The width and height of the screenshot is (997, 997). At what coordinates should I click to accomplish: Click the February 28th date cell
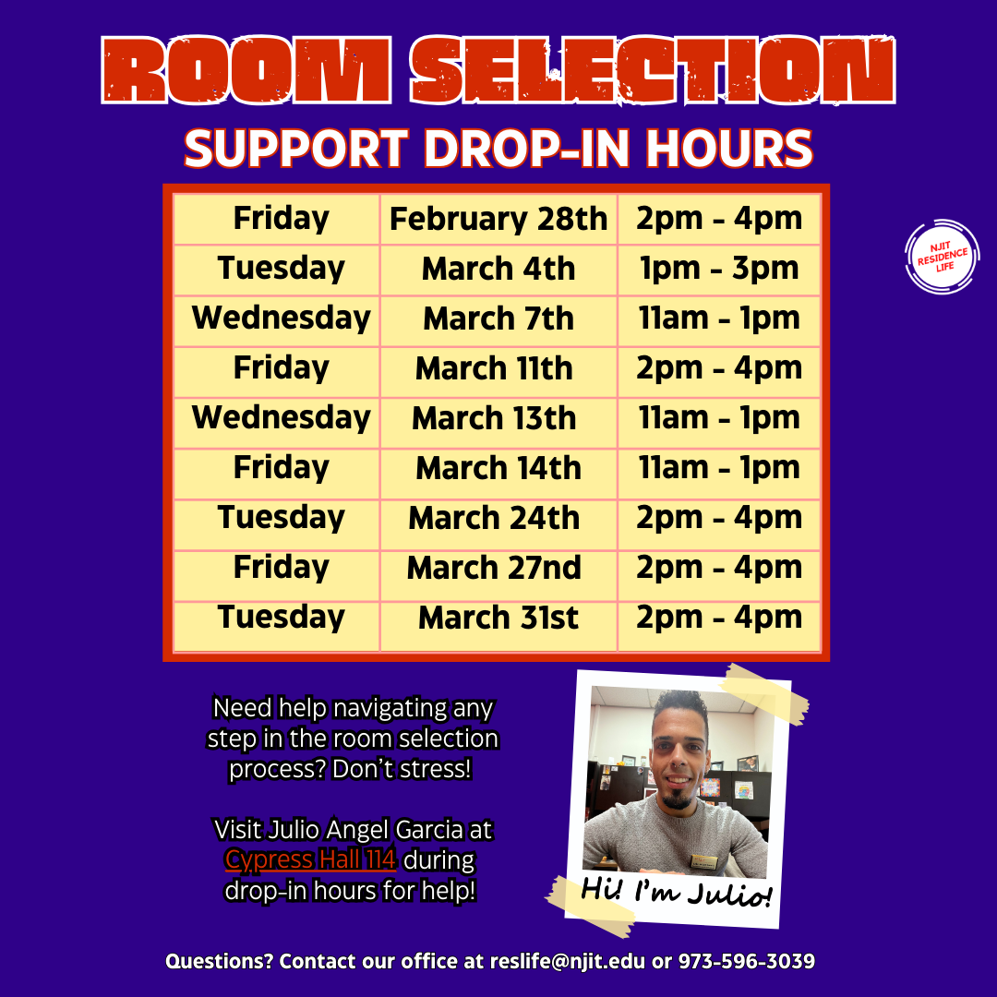(x=498, y=220)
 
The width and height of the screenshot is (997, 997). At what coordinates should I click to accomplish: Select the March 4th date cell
(x=498, y=270)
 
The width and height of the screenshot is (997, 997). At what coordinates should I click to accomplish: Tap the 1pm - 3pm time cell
(x=718, y=269)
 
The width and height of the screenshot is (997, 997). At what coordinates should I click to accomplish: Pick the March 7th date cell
(x=498, y=319)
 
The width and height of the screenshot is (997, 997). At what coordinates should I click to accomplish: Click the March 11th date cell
(x=494, y=369)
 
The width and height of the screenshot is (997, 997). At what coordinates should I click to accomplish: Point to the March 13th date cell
(x=494, y=419)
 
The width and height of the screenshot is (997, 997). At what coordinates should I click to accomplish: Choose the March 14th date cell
(x=498, y=469)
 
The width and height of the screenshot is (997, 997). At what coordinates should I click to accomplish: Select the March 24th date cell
(x=494, y=519)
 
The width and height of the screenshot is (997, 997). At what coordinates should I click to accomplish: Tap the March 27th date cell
(x=494, y=569)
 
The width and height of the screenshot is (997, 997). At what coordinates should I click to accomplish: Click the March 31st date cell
(x=498, y=619)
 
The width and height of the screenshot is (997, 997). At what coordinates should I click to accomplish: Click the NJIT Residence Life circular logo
(x=942, y=258)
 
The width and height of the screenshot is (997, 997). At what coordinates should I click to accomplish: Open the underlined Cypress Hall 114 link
(x=311, y=860)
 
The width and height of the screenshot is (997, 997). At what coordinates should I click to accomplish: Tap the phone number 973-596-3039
(x=746, y=962)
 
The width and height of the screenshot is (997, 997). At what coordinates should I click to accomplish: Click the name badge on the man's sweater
(x=705, y=862)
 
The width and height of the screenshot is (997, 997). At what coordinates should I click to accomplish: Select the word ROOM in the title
(x=247, y=72)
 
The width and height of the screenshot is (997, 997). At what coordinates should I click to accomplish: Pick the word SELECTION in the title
(x=652, y=72)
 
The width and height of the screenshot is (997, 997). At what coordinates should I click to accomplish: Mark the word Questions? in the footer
(x=219, y=962)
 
